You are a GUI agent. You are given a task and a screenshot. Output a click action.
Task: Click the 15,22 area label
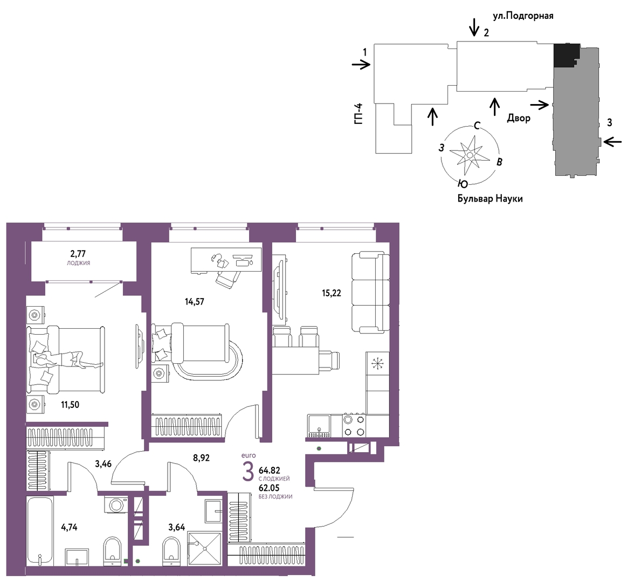(x=332, y=293)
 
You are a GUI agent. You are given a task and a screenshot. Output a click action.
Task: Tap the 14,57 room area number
(x=194, y=302)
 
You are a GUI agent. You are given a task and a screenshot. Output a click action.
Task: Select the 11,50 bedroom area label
(x=70, y=405)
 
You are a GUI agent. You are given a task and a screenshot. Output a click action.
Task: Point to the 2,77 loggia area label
(x=78, y=253)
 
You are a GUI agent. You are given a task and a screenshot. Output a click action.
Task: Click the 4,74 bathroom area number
(x=69, y=527)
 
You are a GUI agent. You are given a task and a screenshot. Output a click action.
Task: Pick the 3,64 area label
(x=176, y=527)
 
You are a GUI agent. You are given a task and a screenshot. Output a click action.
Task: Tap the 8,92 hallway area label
(x=202, y=458)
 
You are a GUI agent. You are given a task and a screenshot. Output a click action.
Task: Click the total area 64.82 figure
(x=269, y=470)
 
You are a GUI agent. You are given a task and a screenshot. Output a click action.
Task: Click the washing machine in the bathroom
(x=116, y=504)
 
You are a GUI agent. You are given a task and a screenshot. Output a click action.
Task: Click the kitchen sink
(x=319, y=426)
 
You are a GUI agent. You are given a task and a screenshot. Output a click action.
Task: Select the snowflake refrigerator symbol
(x=377, y=364)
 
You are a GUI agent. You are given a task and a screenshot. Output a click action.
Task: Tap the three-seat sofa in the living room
(x=370, y=292)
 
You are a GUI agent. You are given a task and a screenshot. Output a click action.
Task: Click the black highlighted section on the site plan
(x=566, y=55)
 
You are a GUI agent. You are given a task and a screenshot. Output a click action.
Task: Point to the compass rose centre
(x=470, y=155)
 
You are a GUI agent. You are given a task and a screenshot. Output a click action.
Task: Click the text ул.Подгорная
(x=523, y=16)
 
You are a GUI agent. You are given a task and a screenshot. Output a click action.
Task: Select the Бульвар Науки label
(x=490, y=198)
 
